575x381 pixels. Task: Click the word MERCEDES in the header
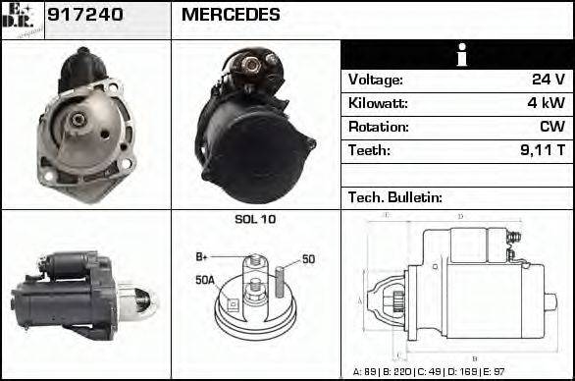(231, 15)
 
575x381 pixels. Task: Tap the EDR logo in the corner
(22, 20)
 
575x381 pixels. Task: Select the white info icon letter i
(458, 55)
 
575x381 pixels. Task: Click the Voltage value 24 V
(547, 80)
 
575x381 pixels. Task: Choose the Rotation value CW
(550, 127)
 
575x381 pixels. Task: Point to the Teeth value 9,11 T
(540, 150)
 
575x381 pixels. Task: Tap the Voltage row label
(376, 80)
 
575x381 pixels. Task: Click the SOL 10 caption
(255, 219)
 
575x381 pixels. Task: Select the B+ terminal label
(201, 256)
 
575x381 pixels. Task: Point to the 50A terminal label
(204, 280)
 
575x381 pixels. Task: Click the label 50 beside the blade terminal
(308, 259)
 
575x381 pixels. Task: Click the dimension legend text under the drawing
(456, 372)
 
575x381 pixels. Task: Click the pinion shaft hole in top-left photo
(78, 121)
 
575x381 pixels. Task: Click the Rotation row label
(378, 127)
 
